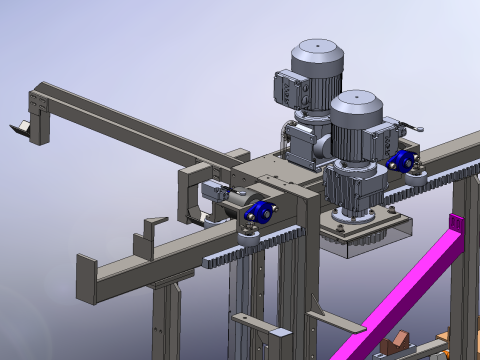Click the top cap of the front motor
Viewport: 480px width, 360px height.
point(355,100)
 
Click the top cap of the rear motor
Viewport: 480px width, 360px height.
point(317,47)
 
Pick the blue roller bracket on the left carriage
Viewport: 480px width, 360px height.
point(260,213)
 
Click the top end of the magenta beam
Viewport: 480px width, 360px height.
point(458,226)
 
